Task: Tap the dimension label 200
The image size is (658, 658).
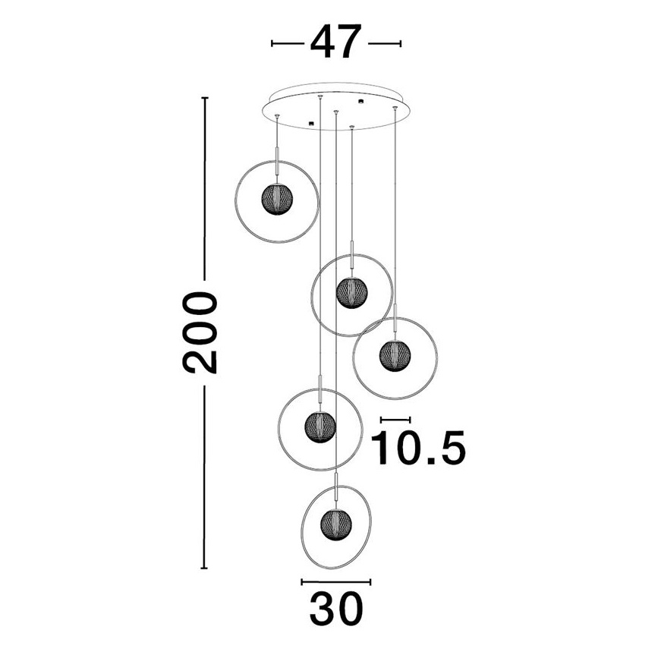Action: pyautogui.click(x=200, y=332)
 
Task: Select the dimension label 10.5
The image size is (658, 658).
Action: pyautogui.click(x=417, y=449)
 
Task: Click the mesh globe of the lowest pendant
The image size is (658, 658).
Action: pyautogui.click(x=335, y=523)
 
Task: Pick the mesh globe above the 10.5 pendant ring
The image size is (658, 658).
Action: pyautogui.click(x=351, y=291)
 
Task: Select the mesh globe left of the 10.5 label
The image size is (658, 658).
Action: pyautogui.click(x=320, y=425)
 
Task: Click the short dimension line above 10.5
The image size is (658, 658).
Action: pyautogui.click(x=395, y=419)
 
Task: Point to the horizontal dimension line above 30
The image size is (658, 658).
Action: pyautogui.click(x=335, y=582)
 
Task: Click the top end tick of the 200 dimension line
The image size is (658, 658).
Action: pyautogui.click(x=203, y=98)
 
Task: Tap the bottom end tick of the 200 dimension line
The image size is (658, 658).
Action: pyautogui.click(x=203, y=567)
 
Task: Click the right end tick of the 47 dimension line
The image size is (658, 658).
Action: pyautogui.click(x=399, y=43)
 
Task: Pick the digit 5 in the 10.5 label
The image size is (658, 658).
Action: pyautogui.click(x=445, y=449)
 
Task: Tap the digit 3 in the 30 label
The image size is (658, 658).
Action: pyautogui.click(x=321, y=607)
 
